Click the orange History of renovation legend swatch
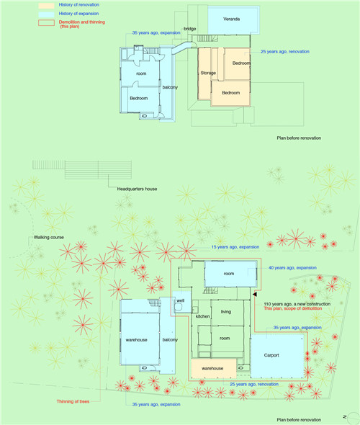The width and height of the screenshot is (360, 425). [x=46, y=6]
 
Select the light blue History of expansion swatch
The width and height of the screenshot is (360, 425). [x=46, y=14]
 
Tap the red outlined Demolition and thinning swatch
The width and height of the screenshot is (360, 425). [x=46, y=23]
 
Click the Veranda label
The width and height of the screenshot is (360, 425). [x=231, y=19]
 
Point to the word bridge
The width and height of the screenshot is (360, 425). [x=189, y=29]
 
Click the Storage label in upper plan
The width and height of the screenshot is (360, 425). [x=208, y=73]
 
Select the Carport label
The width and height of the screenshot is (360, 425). [x=271, y=355]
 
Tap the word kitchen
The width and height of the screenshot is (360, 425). [x=202, y=316]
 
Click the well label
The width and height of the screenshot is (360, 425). [x=181, y=300]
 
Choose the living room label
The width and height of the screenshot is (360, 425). [x=226, y=312]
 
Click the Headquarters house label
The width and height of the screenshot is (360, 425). [x=137, y=189]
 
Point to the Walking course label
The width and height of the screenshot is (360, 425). [x=49, y=237]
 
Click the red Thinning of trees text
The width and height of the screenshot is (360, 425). [x=73, y=401]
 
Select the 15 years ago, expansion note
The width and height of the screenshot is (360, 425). [x=235, y=247]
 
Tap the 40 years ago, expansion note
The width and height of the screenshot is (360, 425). [x=292, y=268]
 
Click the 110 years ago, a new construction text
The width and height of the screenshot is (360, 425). [x=297, y=304]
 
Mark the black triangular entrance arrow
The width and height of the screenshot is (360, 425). [x=254, y=294]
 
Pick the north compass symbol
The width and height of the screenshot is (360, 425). [x=352, y=416]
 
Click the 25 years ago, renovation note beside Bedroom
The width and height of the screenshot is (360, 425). [x=285, y=51]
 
